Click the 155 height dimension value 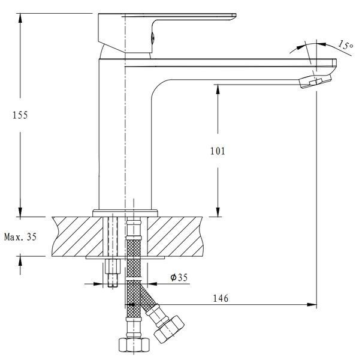coord(20,115)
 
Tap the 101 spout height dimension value coord(218,151)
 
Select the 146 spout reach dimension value coord(221,298)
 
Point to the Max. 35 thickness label coord(20,237)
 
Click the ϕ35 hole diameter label coord(179,277)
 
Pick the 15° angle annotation coord(346,45)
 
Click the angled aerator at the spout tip coord(315,82)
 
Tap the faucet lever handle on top coord(167,32)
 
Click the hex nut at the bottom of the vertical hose coord(134,344)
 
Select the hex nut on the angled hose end coord(169,329)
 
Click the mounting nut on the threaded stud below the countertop coord(113,266)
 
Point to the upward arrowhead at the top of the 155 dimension coord(20,18)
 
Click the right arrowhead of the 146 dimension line coord(312,305)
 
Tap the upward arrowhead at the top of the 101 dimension coord(218,89)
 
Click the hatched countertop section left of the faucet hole coord(77,236)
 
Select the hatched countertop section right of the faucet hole coord(176,236)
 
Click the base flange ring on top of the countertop coord(125,213)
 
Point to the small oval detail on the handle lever coord(152,38)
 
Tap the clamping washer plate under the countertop coord(125,257)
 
